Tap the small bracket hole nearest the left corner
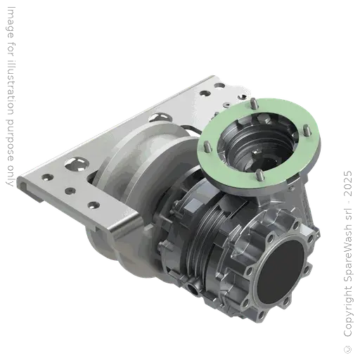point(46,173)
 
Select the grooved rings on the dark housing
point(204,232)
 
